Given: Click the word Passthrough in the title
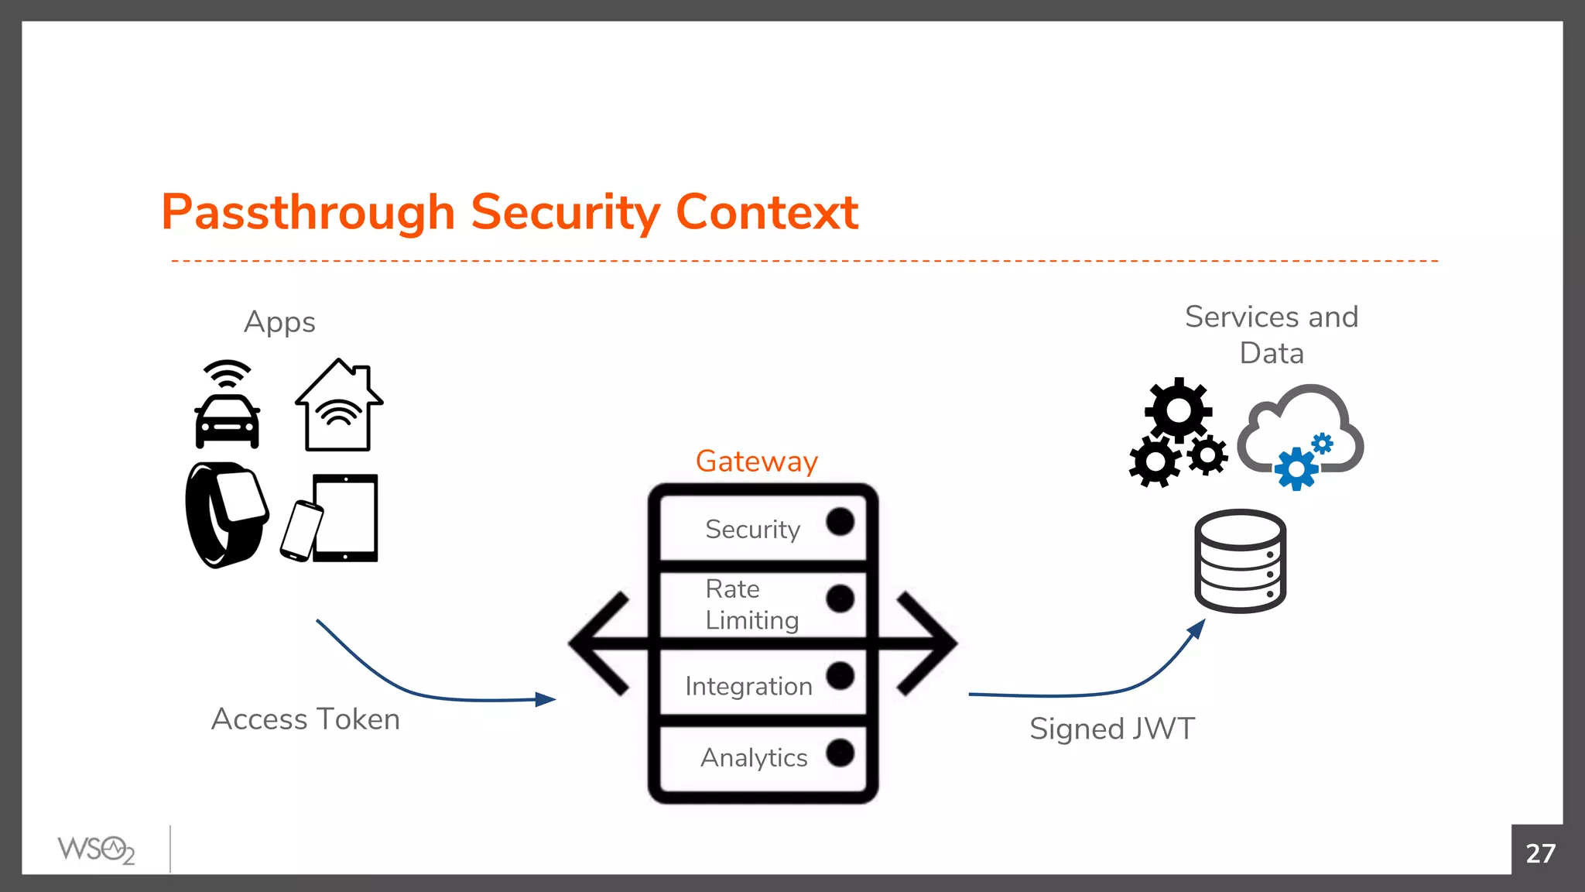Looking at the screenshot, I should pos(308,212).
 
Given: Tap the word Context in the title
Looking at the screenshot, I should pos(766,212).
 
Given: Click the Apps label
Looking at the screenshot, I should pos(279,322).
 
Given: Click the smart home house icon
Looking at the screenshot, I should pos(338,407).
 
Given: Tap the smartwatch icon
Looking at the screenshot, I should pos(226,514).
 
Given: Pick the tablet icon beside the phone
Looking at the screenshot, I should pos(346,517).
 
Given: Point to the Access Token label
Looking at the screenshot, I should pos(306,719).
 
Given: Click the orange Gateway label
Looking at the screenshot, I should pos(756,461).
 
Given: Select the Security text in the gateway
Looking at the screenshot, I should pos(752,530).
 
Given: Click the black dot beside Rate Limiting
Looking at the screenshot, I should pos(840,599).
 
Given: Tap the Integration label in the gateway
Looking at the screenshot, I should pos(748,686).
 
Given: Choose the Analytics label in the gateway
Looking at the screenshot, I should pos(754,757).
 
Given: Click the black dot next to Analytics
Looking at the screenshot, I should pos(840,753).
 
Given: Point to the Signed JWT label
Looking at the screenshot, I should pos(1112,729).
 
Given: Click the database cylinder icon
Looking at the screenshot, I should pos(1240,561).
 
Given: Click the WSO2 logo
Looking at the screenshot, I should pos(96,850).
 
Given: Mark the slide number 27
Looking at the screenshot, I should pos(1539,853).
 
